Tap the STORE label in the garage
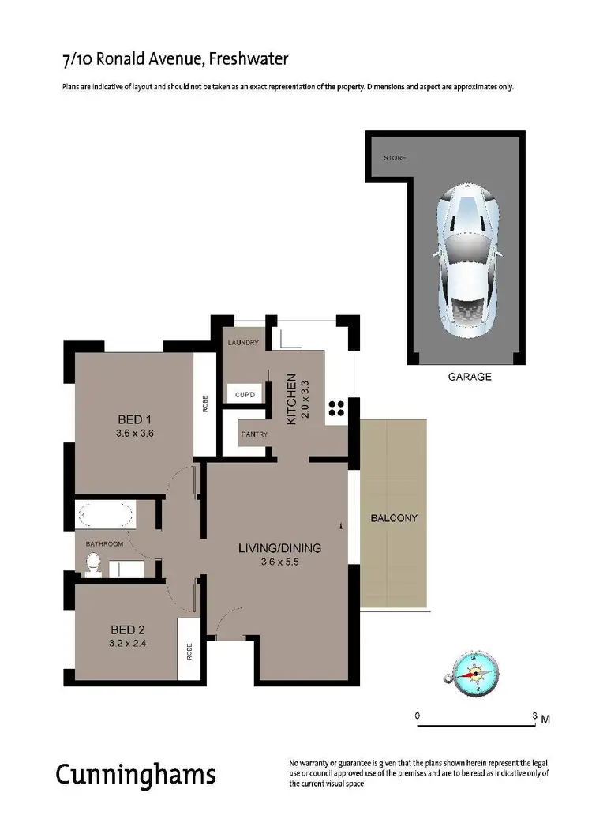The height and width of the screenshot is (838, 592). (395, 158)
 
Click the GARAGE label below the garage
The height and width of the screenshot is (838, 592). (470, 377)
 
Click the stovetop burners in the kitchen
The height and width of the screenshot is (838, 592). (335, 408)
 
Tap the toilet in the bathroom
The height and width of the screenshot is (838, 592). (93, 565)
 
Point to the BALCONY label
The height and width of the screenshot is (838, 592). (394, 519)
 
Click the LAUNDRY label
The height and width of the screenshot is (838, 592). (243, 343)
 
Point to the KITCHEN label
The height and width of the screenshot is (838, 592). (290, 400)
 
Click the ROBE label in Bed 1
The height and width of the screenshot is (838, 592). (205, 404)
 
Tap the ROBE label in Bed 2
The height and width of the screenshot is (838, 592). (189, 651)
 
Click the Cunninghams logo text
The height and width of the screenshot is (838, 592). (135, 774)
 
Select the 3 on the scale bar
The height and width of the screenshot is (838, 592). (535, 716)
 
